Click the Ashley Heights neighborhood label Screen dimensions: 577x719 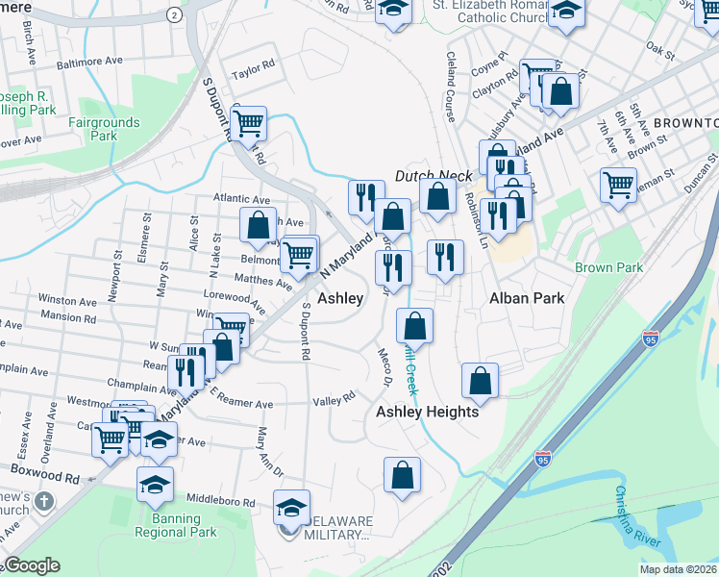(x=427, y=412)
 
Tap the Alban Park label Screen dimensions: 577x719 (x=527, y=298)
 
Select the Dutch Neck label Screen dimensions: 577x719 (x=434, y=177)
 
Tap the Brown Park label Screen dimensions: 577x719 (x=608, y=267)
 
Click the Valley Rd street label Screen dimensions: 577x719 (x=335, y=398)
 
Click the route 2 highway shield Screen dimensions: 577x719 (x=173, y=15)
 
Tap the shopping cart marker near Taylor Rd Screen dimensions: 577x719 (x=248, y=121)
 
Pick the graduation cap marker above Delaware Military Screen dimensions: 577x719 (x=291, y=505)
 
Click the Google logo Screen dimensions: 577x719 (x=32, y=565)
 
